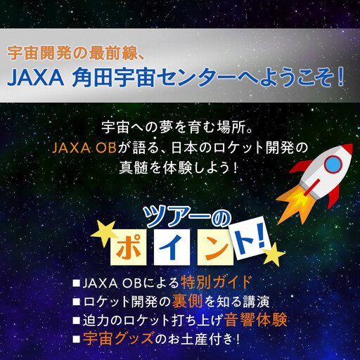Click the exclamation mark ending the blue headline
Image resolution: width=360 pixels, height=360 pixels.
340,76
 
